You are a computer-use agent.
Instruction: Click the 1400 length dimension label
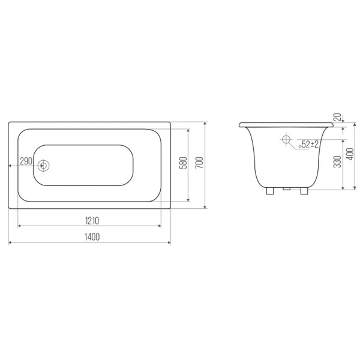coord(92,237)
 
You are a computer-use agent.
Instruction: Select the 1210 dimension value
coord(92,221)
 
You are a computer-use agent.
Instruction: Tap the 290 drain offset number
coord(26,161)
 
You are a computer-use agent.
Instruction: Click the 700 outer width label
coord(200,163)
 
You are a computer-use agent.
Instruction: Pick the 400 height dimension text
coord(350,154)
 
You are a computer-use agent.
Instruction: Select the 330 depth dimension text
coord(337,161)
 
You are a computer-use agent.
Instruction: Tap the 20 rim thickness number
coord(337,117)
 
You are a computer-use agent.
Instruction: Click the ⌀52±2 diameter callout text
coord(308,145)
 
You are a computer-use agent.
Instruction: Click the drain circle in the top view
coord(43,166)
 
